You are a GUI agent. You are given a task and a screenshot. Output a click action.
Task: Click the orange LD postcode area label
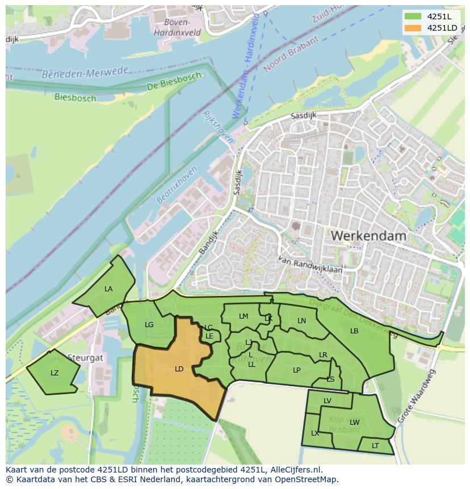point(179,369)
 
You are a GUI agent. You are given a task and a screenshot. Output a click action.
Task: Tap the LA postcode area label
point(108,289)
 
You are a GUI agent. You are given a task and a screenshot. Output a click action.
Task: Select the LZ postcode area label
point(54,373)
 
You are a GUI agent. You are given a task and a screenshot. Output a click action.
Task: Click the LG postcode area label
point(149,325)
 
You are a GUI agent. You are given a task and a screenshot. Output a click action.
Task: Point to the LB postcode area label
point(354,331)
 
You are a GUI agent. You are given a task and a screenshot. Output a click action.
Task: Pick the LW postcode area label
point(355,422)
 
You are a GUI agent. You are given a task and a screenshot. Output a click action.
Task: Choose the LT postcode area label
point(375,446)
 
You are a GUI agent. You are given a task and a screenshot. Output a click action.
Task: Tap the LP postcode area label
point(297,370)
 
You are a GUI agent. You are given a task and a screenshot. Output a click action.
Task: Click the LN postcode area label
point(302,321)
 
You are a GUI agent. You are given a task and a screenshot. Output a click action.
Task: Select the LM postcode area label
point(244,316)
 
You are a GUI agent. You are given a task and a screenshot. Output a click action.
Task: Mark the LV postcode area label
point(328,401)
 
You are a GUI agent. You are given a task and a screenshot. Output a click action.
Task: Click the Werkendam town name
point(368,235)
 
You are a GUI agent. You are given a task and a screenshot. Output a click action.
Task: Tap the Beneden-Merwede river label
point(85,73)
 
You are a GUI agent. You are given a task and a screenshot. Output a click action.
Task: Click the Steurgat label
point(85,358)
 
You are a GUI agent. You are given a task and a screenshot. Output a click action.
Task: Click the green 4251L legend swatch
point(413,16)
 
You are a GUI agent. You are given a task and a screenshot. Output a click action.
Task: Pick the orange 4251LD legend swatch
point(413,28)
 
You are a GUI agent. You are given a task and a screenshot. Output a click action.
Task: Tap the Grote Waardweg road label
point(417,396)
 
